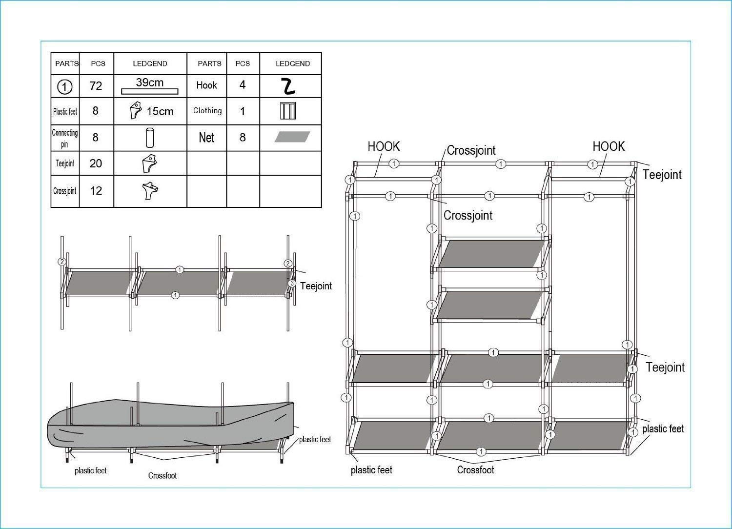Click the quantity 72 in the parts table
click(x=96, y=86)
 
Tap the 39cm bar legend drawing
click(x=149, y=91)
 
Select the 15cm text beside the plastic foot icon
click(x=160, y=112)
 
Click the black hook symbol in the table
click(x=288, y=86)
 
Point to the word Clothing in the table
click(x=207, y=111)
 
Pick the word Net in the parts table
click(x=206, y=138)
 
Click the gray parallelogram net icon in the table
click(x=292, y=137)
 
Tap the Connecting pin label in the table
click(x=65, y=138)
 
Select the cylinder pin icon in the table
click(x=150, y=138)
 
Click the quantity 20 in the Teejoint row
click(x=96, y=163)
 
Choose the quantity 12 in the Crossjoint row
click(x=96, y=191)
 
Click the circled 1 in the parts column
click(x=65, y=87)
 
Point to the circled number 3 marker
click(x=292, y=284)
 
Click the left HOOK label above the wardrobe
click(x=384, y=146)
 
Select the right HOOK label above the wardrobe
click(x=609, y=146)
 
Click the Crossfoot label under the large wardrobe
click(x=475, y=470)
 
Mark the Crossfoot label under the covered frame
click(x=163, y=475)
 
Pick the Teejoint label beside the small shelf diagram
click(x=316, y=286)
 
